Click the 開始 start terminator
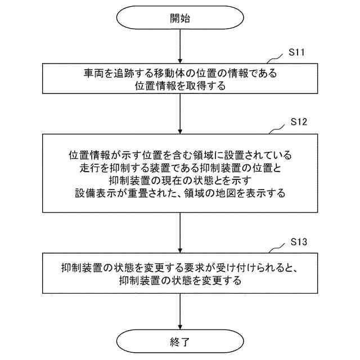(x=179, y=18)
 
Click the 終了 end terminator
(x=179, y=341)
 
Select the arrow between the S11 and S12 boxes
(x=179, y=113)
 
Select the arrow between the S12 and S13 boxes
(x=179, y=232)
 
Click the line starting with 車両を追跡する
(x=180, y=74)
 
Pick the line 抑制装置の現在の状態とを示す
(x=180, y=179)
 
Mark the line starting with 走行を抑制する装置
(x=180, y=167)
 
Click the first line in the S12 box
(x=180, y=154)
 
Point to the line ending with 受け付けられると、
(x=180, y=268)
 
